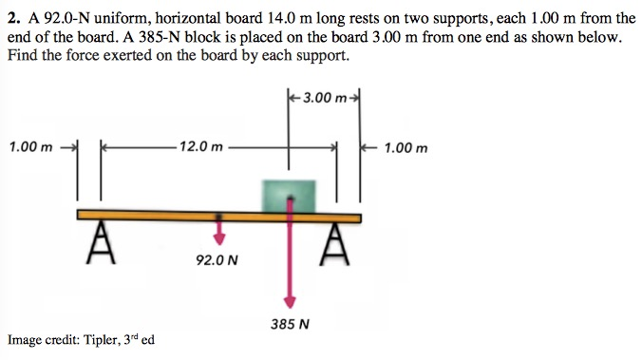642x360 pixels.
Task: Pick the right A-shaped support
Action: pyautogui.click(x=333, y=244)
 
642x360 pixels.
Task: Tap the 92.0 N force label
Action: pyautogui.click(x=217, y=258)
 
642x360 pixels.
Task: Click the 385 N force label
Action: pyautogui.click(x=290, y=323)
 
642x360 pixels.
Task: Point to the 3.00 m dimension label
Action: pyautogui.click(x=324, y=98)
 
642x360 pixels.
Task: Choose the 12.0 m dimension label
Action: pyautogui.click(x=200, y=148)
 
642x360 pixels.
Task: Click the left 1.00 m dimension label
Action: pyautogui.click(x=29, y=148)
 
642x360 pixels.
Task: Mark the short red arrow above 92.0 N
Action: pyautogui.click(x=219, y=233)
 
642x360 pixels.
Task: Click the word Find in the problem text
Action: pyautogui.click(x=23, y=54)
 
